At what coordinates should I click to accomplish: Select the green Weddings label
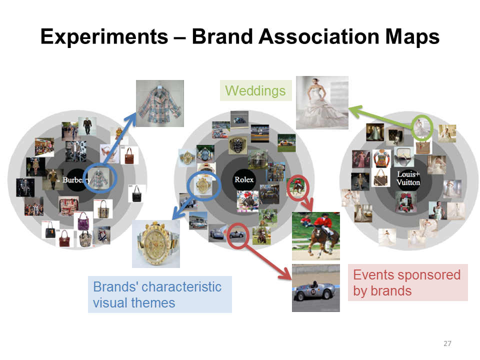255,90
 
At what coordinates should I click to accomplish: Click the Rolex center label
244,179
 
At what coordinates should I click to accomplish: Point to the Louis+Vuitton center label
408,178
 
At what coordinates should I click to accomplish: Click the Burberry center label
76,179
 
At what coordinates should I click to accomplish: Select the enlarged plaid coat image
160,103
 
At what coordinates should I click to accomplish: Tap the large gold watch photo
156,243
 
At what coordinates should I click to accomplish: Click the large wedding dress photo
322,102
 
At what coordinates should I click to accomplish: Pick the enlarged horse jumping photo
316,236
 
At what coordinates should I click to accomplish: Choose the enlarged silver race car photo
316,288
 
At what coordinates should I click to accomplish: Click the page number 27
447,343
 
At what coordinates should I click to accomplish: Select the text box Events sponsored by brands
408,282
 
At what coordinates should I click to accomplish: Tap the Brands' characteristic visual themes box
160,294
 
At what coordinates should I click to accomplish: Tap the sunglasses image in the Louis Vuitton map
404,156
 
